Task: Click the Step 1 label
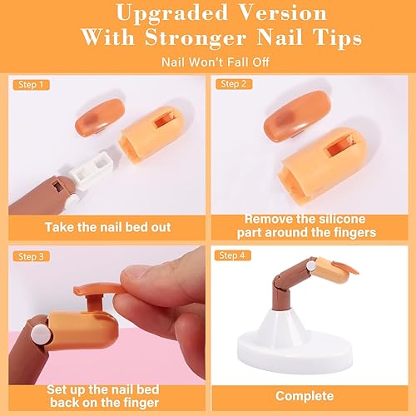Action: (29, 84)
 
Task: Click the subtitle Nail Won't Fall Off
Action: (208, 62)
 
